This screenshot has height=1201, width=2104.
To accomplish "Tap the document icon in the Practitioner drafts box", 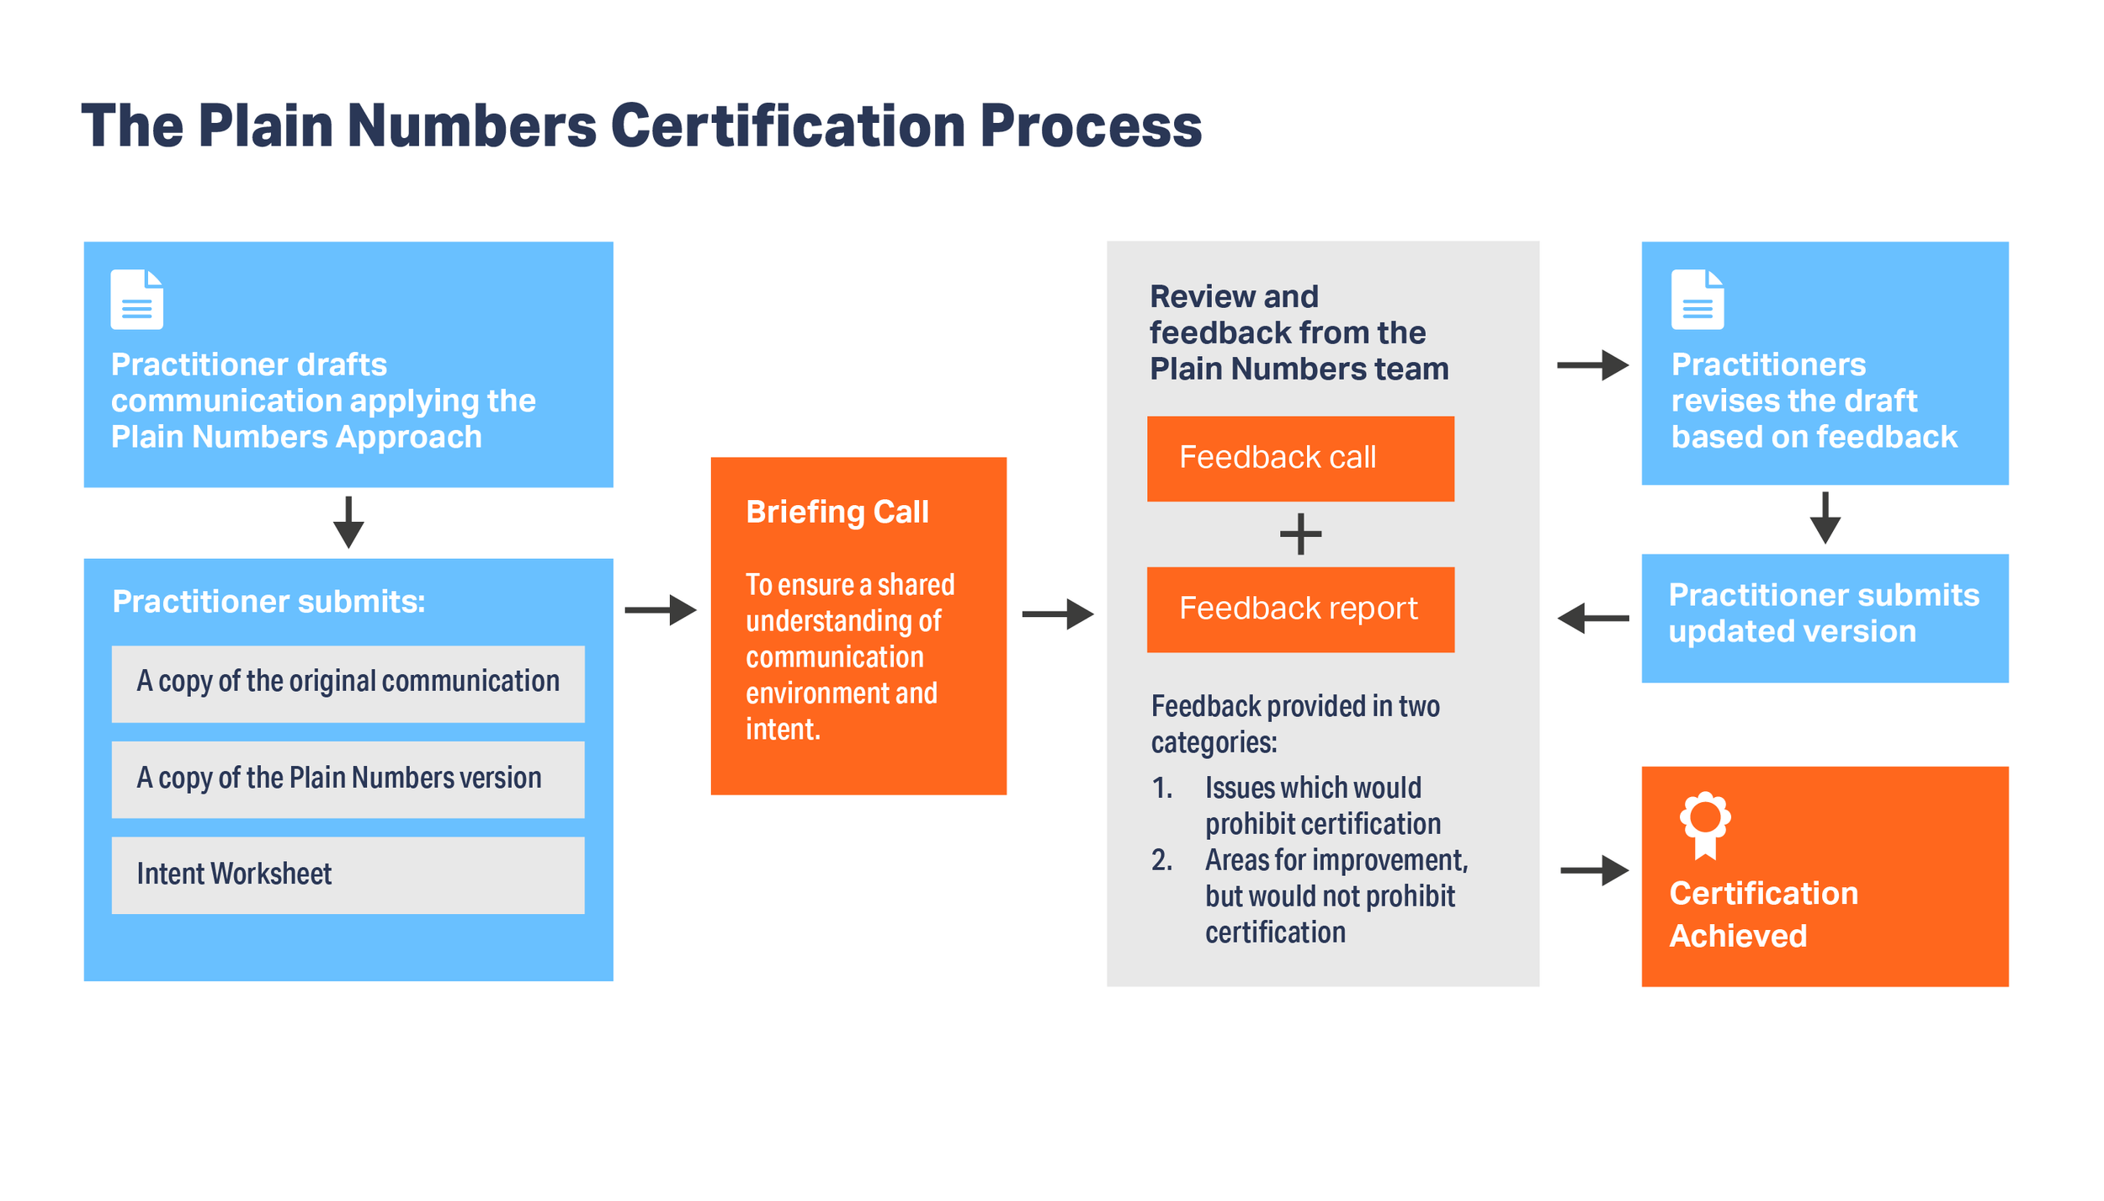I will click(x=137, y=300).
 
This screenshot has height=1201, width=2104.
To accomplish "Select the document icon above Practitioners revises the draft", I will click(x=1697, y=300).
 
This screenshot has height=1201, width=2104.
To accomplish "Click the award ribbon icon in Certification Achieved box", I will click(x=1705, y=824).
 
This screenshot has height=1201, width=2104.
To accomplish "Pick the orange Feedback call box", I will click(x=1300, y=459).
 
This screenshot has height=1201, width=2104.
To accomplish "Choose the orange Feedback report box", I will click(x=1300, y=609).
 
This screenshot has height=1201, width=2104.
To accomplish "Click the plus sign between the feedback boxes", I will click(x=1300, y=534).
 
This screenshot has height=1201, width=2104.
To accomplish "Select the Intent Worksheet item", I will click(x=348, y=875).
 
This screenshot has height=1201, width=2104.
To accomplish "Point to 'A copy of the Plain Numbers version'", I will click(x=348, y=779).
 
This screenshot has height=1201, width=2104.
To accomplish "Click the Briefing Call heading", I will click(x=837, y=512).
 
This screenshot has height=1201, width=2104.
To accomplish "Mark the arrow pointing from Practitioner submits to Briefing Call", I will click(x=661, y=609).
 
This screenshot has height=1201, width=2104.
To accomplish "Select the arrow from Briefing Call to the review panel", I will click(x=1058, y=614).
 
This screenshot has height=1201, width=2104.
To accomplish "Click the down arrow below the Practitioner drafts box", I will click(x=348, y=523).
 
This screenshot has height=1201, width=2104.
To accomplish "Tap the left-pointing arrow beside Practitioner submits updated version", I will click(x=1592, y=618).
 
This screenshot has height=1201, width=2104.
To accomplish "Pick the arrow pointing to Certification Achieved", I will click(x=1594, y=870).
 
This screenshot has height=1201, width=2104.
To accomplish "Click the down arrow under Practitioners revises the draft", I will click(x=1825, y=518).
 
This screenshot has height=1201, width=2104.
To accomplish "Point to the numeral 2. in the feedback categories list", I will click(x=1161, y=860).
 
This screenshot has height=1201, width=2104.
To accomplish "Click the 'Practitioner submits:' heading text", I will click(x=268, y=602).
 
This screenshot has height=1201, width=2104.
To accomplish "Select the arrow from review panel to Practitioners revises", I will click(x=1592, y=365).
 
